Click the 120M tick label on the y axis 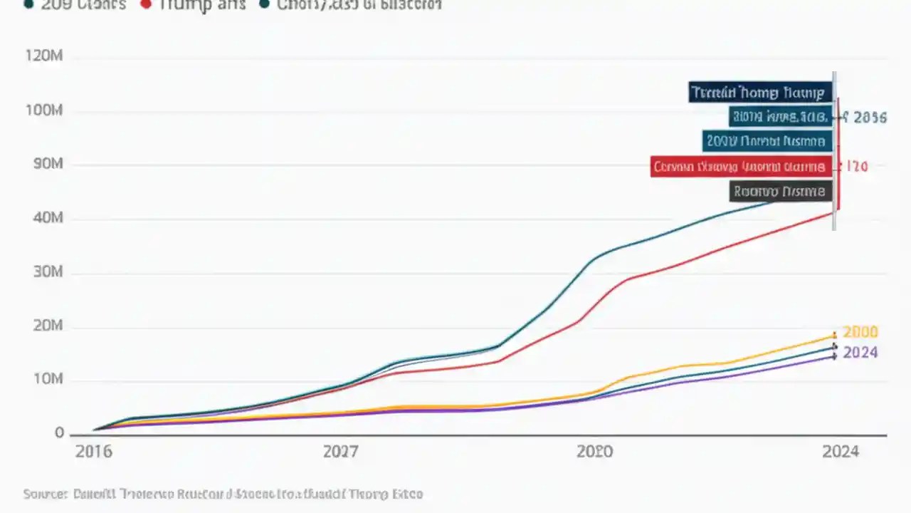point(44,56)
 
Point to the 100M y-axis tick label point(44,111)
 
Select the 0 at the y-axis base point(59,433)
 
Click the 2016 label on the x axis point(93,452)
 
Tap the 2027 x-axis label point(341,452)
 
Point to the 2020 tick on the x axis point(594,452)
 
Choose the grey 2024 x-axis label point(841,452)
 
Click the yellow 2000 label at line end point(860,332)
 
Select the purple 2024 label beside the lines point(860,353)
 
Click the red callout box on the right point(741,167)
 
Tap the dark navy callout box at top point(760,92)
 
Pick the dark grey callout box point(781,191)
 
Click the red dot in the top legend point(147,4)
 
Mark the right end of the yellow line point(834,335)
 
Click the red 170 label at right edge point(855,167)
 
